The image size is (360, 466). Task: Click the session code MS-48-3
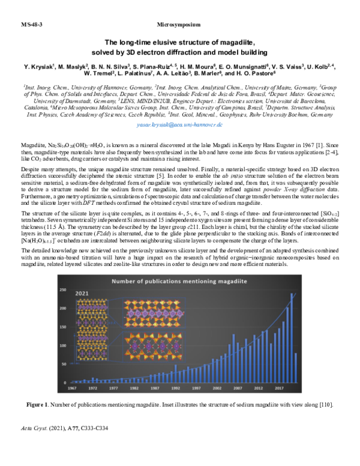(31, 25)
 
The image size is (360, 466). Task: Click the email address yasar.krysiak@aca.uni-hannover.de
(179, 124)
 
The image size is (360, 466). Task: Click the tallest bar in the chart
(292, 339)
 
